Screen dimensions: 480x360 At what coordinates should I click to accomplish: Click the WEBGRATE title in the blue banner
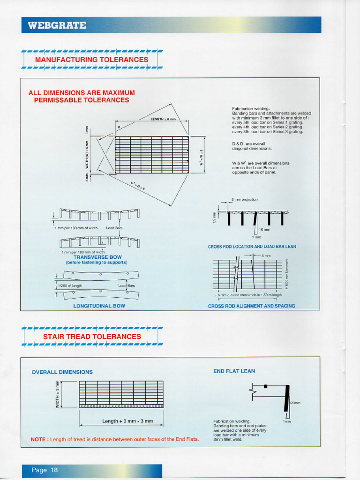(57, 25)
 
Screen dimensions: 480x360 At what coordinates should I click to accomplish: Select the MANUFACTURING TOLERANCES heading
(91, 60)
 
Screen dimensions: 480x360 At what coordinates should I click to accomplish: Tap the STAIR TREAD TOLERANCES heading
(92, 337)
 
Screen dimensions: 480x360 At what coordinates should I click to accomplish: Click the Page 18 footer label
(45, 470)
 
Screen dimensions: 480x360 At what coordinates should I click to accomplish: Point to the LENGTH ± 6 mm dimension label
(163, 119)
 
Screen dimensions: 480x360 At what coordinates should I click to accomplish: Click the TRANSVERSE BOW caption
(97, 257)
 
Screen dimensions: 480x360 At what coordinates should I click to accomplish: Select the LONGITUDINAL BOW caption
(99, 306)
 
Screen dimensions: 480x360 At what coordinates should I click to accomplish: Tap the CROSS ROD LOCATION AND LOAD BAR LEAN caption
(252, 247)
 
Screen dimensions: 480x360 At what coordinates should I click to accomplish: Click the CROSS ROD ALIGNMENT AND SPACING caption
(251, 306)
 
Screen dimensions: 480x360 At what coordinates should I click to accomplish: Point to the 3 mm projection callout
(244, 199)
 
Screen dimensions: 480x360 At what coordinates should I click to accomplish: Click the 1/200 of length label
(70, 285)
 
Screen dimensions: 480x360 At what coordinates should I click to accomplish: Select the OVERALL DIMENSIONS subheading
(62, 372)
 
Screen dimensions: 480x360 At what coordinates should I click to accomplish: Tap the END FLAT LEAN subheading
(234, 371)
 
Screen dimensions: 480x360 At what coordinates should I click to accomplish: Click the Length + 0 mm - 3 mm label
(127, 421)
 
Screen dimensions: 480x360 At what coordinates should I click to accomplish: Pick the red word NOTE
(38, 439)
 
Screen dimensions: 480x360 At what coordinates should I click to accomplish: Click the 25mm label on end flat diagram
(295, 403)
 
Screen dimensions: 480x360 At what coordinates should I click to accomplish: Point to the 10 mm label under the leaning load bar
(264, 230)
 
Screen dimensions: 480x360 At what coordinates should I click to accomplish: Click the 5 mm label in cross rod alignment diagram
(266, 255)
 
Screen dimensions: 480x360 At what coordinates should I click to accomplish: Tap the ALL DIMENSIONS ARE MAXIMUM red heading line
(82, 92)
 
